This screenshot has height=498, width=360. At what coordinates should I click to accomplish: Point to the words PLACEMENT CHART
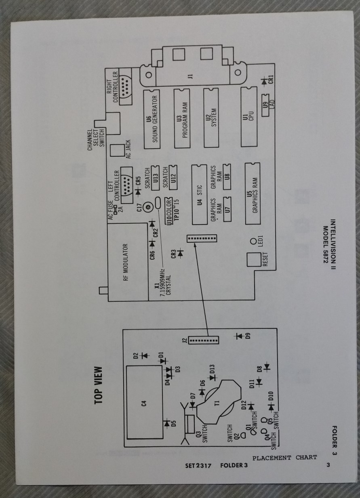tap(284, 458)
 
